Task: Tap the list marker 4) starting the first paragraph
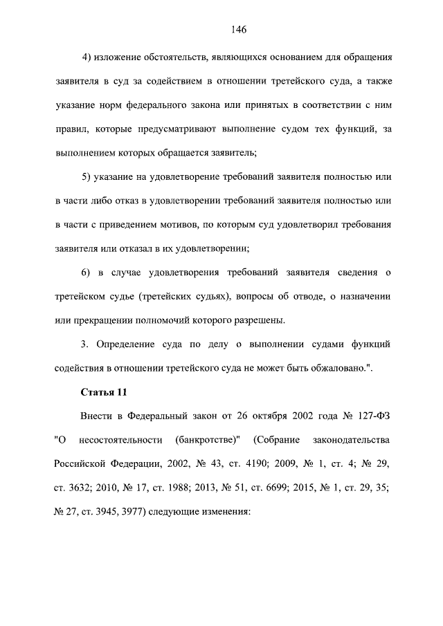[x=88, y=55]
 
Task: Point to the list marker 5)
[x=88, y=177]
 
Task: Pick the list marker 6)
[x=88, y=275]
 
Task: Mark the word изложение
[x=123, y=55]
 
